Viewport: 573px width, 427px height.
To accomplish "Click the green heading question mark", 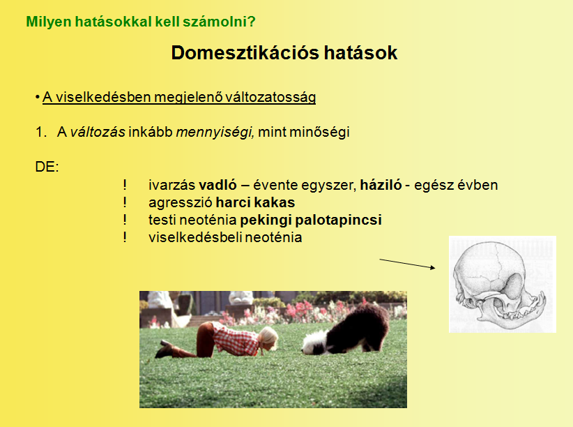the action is [x=252, y=22].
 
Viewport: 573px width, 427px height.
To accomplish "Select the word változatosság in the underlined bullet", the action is [x=270, y=97].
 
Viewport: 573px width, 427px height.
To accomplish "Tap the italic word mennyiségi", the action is [x=215, y=132].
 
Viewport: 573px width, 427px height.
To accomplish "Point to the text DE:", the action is [x=47, y=167].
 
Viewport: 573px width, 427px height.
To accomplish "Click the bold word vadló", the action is [x=218, y=185].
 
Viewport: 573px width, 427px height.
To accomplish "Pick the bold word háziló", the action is [x=381, y=185].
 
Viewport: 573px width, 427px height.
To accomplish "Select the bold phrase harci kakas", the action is [x=255, y=202].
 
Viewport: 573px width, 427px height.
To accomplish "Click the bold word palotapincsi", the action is [x=338, y=220].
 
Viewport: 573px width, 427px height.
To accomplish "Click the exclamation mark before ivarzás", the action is [x=125, y=185].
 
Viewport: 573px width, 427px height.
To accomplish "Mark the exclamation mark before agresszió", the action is [x=125, y=202].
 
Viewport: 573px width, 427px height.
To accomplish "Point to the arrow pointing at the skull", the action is [x=408, y=264].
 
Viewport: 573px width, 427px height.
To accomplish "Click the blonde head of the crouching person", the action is [x=268, y=338].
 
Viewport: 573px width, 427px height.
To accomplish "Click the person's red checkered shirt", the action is [x=236, y=338].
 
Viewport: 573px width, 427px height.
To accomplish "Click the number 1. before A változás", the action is [x=41, y=132].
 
